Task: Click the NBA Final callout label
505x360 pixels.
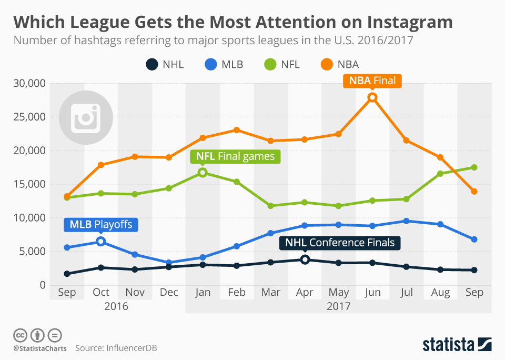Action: pos(372,81)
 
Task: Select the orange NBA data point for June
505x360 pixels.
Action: pos(372,97)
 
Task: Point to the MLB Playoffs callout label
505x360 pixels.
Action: pos(100,225)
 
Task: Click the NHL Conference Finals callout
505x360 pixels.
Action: pos(340,243)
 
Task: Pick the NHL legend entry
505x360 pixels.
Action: pos(164,65)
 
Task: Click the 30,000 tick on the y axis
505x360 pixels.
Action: pos(29,83)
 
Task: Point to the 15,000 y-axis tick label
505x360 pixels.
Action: pos(29,184)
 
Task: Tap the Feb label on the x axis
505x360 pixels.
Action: pos(237,293)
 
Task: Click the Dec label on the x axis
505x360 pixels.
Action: pos(169,293)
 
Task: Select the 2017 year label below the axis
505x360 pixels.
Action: pos(338,305)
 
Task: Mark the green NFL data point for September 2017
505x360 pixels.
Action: pos(474,167)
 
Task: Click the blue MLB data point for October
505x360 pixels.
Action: pos(101,242)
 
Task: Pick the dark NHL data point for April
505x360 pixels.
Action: pos(305,259)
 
